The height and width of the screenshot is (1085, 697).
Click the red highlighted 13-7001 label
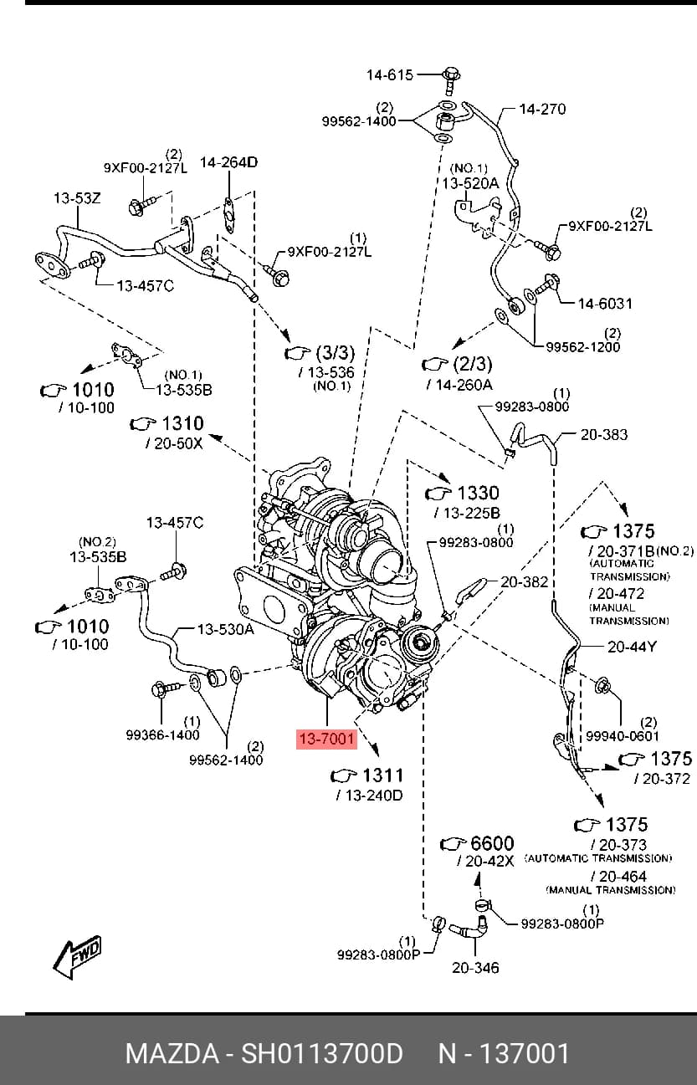click(326, 740)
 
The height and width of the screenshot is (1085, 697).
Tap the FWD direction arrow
click(78, 956)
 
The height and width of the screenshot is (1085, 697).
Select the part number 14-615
click(389, 75)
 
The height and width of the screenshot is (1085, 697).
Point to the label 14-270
click(542, 109)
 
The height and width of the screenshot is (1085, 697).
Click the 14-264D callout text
click(228, 162)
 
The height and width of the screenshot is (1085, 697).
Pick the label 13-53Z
click(77, 198)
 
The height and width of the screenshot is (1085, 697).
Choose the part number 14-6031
click(605, 304)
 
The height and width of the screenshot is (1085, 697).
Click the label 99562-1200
click(582, 347)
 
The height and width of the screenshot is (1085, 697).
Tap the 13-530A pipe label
click(225, 629)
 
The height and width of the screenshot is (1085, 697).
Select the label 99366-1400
click(163, 734)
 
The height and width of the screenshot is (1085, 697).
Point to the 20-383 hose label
click(603, 435)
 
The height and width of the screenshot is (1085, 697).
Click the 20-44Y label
click(632, 647)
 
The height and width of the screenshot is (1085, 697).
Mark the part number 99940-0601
click(623, 736)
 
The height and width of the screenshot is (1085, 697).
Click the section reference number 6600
click(492, 843)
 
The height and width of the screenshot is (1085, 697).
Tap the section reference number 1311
click(383, 775)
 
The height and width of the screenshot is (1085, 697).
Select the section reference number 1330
click(478, 493)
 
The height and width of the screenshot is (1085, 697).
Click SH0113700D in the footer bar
click(322, 1053)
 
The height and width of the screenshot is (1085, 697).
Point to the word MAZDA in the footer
click(172, 1053)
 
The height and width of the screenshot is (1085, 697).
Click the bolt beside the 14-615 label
click(451, 81)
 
